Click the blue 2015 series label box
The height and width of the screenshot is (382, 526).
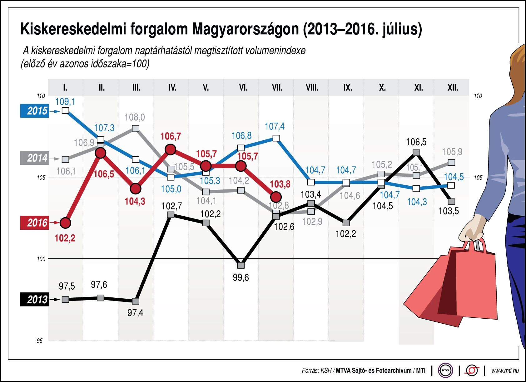[35, 111]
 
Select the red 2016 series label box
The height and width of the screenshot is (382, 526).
[35, 223]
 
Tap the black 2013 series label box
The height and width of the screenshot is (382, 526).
[35, 300]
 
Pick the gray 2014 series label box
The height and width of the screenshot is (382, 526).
[35, 158]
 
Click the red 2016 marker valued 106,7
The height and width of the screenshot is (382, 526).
[171, 150]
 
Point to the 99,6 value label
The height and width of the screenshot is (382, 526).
[241, 277]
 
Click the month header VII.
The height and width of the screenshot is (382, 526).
[277, 88]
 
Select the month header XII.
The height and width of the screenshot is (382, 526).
[453, 88]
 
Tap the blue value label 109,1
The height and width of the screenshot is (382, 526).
[65, 102]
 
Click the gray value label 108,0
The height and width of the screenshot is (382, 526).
[135, 117]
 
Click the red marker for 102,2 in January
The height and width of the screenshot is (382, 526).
[65, 223]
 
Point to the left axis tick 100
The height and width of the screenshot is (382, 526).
[41, 259]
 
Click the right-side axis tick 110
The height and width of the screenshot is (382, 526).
[478, 96]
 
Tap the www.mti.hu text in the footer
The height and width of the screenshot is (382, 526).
[505, 371]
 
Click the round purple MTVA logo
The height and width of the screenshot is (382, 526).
[445, 371]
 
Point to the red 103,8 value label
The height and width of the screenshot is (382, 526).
[280, 184]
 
